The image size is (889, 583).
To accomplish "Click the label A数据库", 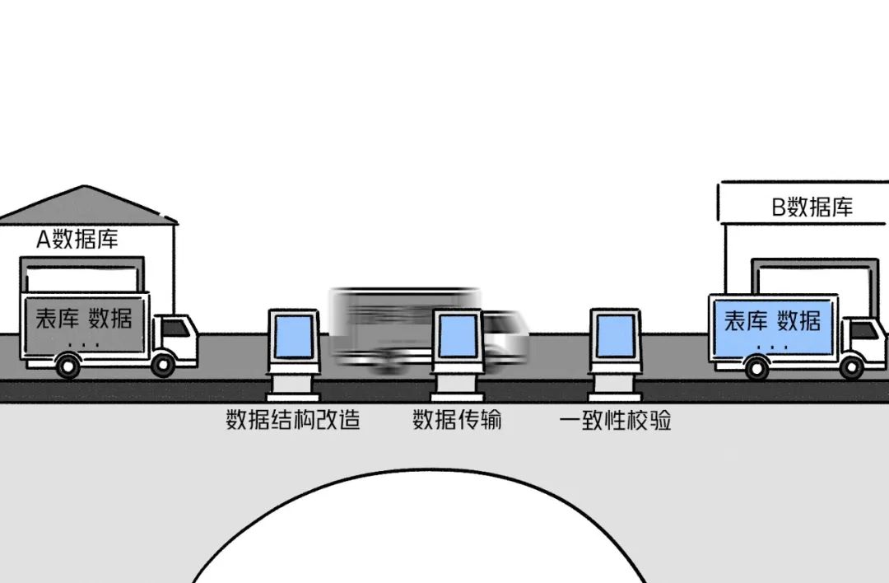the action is point(77,240).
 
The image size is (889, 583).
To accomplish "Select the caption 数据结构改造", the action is point(293,421).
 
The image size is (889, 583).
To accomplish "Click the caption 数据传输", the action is point(457,421).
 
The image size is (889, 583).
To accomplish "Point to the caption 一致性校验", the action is point(615,421).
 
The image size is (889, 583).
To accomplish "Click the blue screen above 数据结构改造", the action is point(293,338).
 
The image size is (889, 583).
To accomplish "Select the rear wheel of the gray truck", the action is point(67,364).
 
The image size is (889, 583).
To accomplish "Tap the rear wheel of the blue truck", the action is point(756,366).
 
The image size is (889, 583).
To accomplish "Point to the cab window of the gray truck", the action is point(175,329).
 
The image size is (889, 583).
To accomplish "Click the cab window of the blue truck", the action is point(863,330).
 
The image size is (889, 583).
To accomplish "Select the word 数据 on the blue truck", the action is point(798,319).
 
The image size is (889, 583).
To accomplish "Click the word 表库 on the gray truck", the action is point(57,319).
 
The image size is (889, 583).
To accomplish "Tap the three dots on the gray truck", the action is point(84,344).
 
